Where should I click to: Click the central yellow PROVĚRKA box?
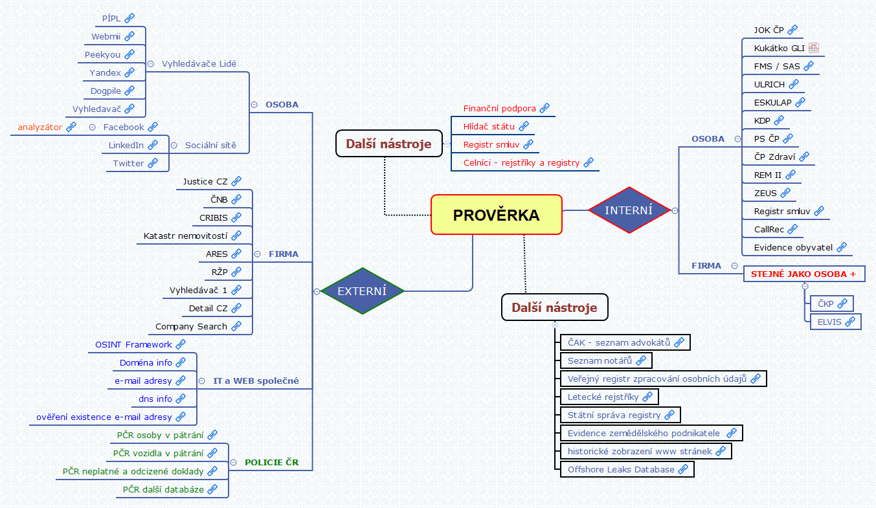496,215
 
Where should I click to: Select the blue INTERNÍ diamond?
629,210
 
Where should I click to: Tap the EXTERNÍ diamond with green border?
362,291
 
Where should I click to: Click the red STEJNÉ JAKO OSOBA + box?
803,274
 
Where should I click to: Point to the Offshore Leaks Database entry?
621,469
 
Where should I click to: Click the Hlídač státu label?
489,126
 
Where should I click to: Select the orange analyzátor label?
39,127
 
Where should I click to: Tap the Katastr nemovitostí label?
185,236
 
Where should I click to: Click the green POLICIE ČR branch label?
271,462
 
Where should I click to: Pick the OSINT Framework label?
133,344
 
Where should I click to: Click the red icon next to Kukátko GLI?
814,48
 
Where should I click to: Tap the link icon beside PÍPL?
129,18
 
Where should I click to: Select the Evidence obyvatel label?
794,247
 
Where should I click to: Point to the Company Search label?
191,326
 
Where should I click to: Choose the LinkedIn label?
126,145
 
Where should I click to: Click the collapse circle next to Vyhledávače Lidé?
151,63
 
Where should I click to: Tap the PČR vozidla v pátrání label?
158,453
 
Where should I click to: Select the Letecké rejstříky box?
603,396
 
